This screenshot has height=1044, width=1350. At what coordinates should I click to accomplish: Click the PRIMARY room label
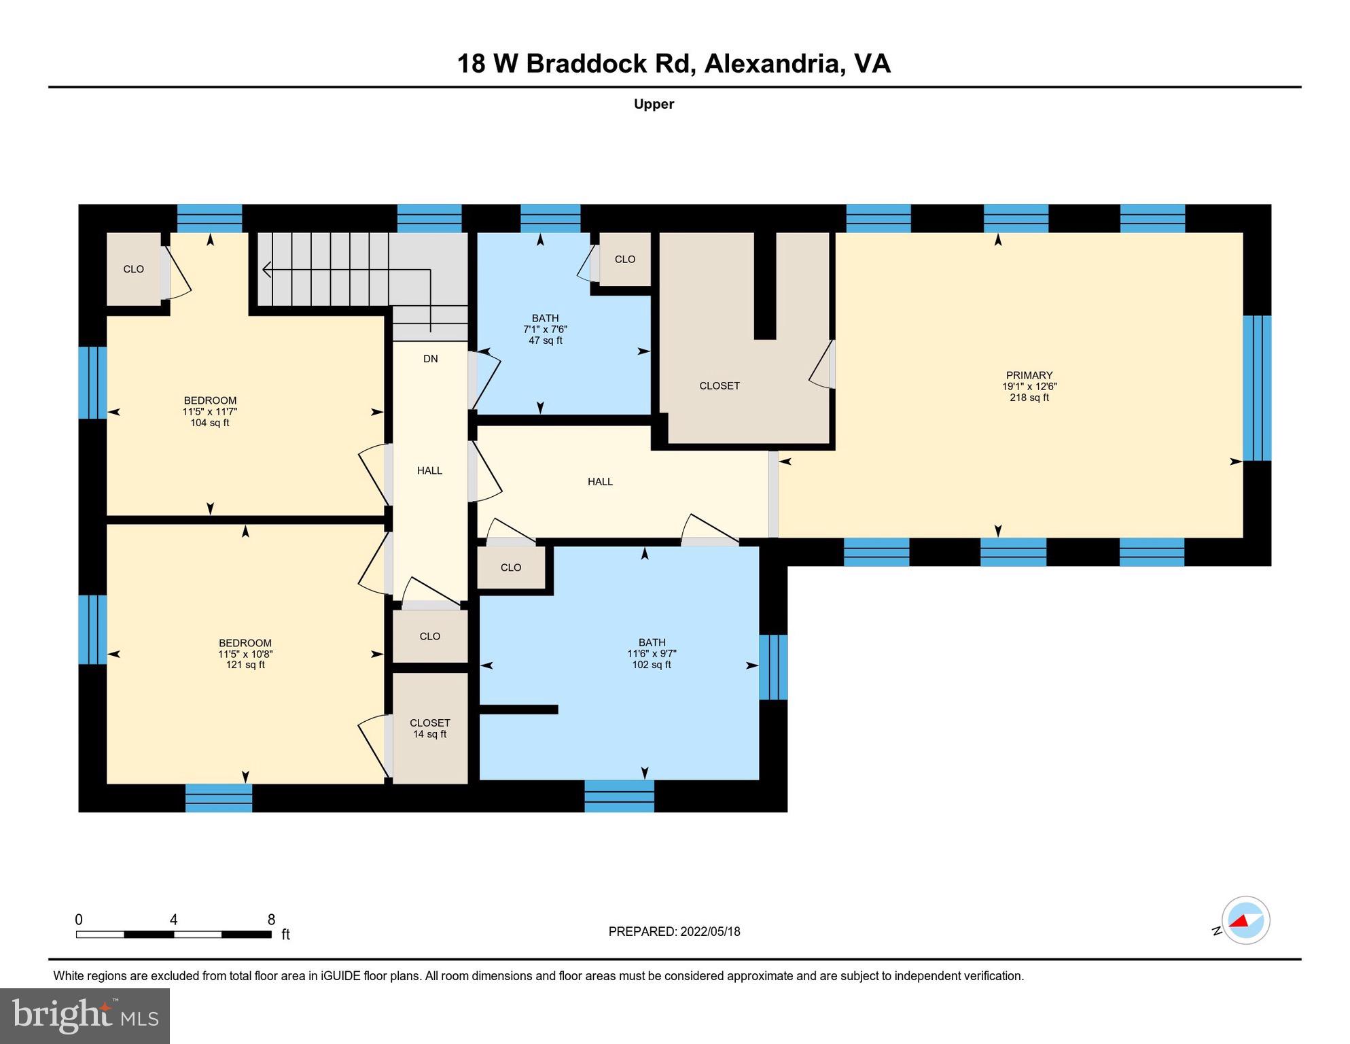(1029, 375)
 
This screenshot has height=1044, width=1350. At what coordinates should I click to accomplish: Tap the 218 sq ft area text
(1029, 398)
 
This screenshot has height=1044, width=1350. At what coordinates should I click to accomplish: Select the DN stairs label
(430, 359)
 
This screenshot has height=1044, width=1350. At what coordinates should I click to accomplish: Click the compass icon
(1245, 920)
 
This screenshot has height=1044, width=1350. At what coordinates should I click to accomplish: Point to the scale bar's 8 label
(271, 920)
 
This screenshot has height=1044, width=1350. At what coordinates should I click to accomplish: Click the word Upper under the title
(654, 104)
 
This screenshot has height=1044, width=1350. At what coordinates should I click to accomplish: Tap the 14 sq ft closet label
(429, 734)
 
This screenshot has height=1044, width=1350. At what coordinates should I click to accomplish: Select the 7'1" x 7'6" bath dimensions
(545, 329)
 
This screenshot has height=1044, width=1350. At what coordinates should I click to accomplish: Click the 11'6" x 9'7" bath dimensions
(652, 654)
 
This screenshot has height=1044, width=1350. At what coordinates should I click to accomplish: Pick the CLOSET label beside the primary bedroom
(719, 386)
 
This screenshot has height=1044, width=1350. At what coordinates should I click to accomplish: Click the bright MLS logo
(85, 1015)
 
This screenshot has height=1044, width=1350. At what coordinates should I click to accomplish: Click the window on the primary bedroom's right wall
(1256, 388)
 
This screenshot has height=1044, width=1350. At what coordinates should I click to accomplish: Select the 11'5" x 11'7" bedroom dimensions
(209, 412)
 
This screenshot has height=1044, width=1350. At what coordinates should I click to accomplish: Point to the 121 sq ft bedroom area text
(245, 665)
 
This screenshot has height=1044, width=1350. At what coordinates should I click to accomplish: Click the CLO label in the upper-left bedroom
(133, 269)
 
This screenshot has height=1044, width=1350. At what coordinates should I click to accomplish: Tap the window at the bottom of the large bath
(619, 796)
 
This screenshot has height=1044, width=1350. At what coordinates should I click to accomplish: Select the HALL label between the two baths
(600, 482)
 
